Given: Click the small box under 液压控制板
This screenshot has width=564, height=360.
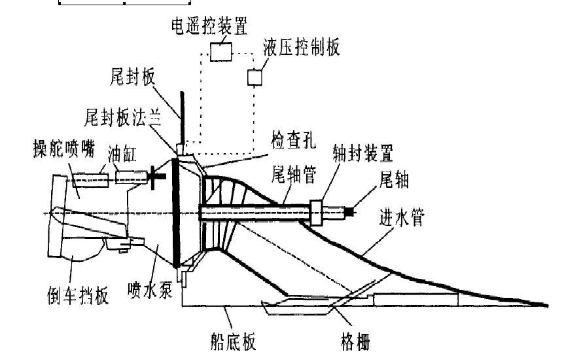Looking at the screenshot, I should point(254,77).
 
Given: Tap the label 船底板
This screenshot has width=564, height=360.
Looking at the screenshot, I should point(230,340).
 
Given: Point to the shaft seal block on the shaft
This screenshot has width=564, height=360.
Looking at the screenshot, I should point(319,212).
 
